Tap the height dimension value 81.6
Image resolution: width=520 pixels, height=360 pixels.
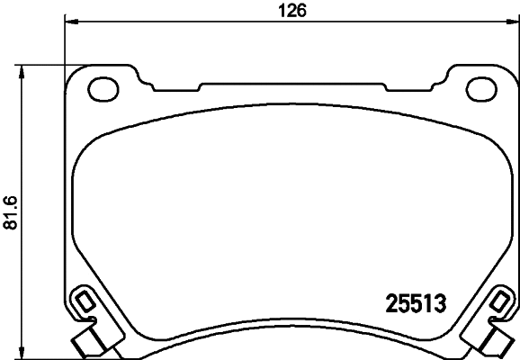pyautogui.click(x=11, y=212)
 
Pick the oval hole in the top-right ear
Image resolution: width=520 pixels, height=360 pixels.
pyautogui.click(x=475, y=88)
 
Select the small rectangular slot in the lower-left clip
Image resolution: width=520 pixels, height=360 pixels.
pyautogui.click(x=82, y=300)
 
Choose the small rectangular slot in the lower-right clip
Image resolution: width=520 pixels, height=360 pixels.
pyautogui.click(x=501, y=300)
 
